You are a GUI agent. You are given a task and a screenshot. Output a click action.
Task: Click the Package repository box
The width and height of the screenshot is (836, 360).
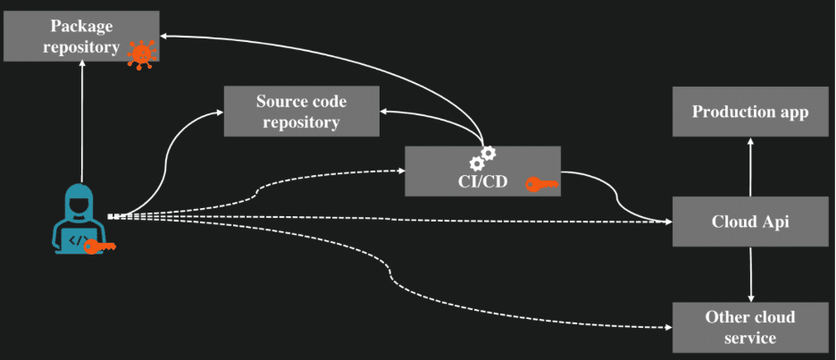81,37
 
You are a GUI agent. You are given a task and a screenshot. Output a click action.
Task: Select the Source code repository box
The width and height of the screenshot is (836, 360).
301,112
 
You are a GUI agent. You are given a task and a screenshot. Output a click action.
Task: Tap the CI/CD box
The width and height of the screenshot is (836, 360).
482,172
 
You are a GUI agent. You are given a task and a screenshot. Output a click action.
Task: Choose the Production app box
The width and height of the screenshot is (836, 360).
750,112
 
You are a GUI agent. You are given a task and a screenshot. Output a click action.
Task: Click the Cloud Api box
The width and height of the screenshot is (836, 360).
750,222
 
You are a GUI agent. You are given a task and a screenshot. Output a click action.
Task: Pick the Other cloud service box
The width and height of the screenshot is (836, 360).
750,327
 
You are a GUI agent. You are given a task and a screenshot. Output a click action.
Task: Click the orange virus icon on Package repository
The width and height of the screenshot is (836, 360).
141,54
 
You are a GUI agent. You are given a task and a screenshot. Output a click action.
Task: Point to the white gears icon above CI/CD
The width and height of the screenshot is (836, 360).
482,158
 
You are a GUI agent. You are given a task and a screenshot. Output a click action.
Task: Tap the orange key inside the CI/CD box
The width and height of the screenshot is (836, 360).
541,185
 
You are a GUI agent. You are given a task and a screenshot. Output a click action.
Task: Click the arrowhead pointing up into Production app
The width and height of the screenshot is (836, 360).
750,141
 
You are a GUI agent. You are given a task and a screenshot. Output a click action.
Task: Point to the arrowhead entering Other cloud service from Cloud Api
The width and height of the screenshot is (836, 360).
750,298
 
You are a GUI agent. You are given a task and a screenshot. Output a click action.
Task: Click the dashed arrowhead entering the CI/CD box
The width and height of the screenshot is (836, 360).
401,172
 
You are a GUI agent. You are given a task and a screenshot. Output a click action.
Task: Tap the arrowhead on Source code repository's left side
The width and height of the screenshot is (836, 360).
220,112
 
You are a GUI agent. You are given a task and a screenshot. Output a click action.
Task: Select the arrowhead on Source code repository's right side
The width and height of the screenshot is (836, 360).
383,112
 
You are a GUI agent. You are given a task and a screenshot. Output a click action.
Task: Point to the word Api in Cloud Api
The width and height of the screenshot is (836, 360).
776,222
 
